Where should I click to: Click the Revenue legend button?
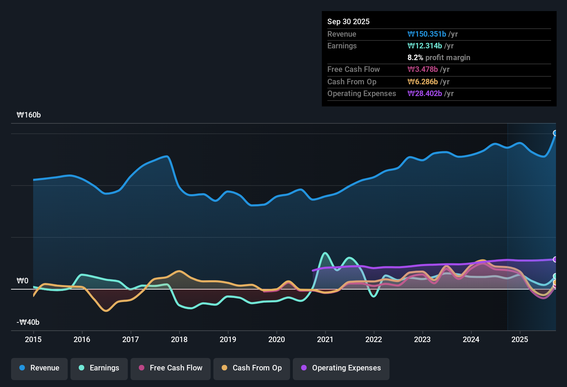(39, 368)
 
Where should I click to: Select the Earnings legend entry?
(99, 368)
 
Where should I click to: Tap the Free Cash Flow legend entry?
(171, 368)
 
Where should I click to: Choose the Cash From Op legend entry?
(252, 368)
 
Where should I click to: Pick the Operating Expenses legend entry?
(341, 368)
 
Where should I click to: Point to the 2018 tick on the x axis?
(179, 339)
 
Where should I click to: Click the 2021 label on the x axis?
(325, 339)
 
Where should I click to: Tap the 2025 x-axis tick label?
(520, 339)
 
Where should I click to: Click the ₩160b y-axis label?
(29, 115)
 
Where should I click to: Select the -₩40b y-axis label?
(28, 322)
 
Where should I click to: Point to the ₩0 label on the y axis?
(22, 281)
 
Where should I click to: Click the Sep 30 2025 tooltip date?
(348, 22)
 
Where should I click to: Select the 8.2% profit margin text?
(439, 58)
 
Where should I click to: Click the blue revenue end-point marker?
(555, 133)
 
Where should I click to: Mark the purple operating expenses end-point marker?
(555, 259)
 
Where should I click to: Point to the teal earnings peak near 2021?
(325, 253)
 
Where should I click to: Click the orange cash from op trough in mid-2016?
(106, 311)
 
